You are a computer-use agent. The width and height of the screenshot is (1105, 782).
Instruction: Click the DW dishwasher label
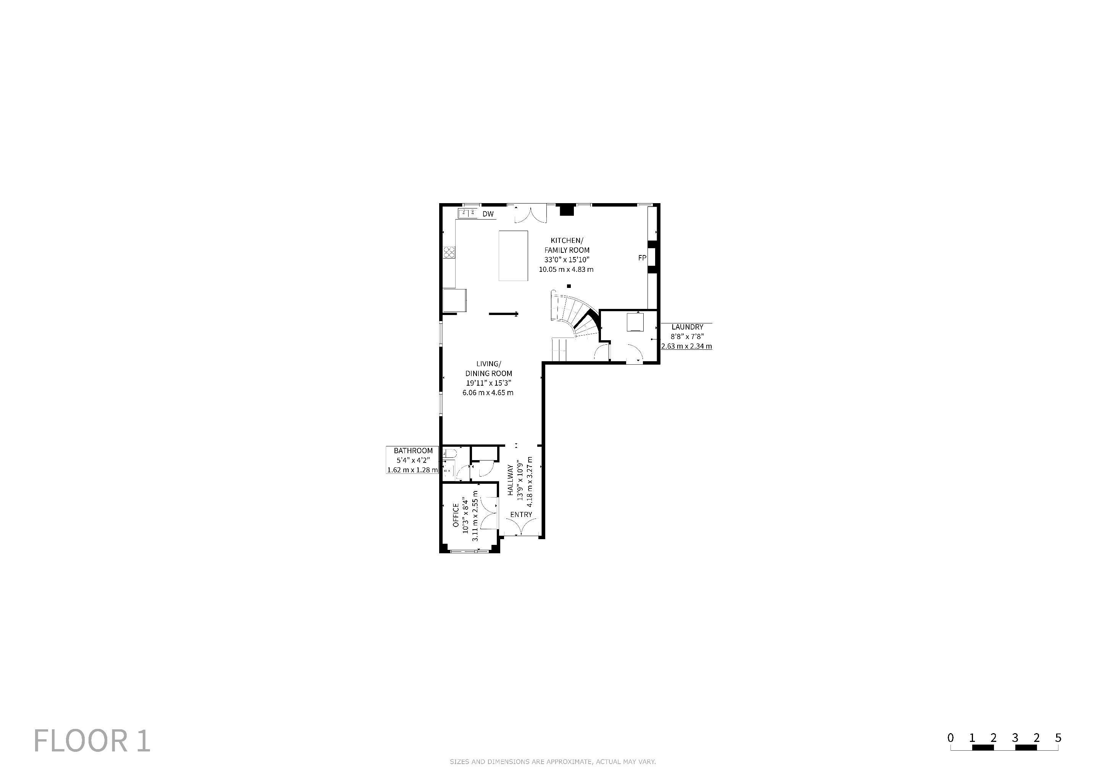(x=488, y=214)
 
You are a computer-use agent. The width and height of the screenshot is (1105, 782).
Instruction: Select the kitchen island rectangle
(x=513, y=256)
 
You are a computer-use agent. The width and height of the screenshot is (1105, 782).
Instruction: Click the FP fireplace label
(x=642, y=258)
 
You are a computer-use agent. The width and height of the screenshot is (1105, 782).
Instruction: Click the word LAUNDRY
(x=687, y=327)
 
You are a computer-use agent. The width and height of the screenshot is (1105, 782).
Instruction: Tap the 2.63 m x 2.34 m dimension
(x=687, y=346)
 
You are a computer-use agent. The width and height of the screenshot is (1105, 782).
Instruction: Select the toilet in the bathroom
(x=449, y=453)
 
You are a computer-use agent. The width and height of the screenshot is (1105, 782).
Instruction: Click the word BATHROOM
(x=413, y=451)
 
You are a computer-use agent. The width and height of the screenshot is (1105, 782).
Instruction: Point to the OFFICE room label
(x=456, y=515)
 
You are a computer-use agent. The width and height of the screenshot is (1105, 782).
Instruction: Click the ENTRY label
(x=521, y=514)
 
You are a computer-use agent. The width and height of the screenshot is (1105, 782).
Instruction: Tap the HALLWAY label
(x=510, y=480)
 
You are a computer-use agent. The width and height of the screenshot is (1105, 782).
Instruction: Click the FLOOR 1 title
(x=92, y=741)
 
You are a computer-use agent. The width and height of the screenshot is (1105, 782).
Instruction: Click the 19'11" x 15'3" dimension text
(x=488, y=383)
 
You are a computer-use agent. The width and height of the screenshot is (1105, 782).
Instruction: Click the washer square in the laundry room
(x=635, y=322)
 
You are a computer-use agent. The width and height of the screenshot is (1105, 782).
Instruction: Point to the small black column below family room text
(x=569, y=286)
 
